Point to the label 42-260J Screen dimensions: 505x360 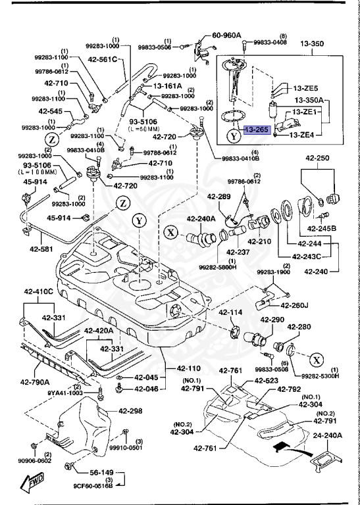pyautogui.click(x=295, y=304)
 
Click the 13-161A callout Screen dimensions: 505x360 pyautogui.click(x=168, y=85)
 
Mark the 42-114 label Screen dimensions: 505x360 pyautogui.click(x=231, y=312)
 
